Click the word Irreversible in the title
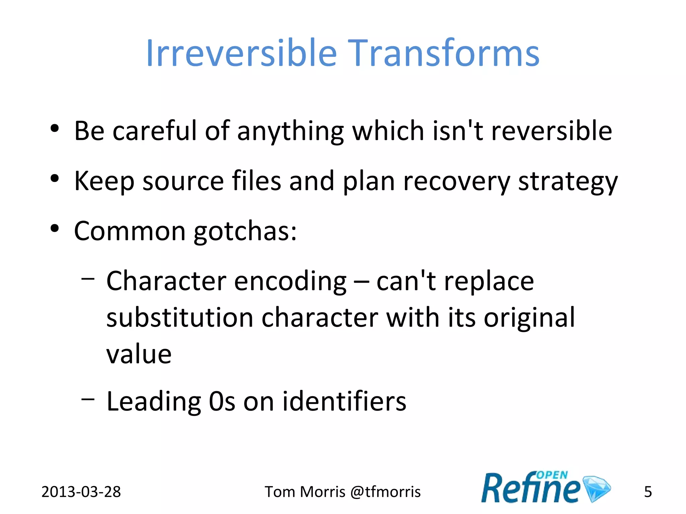(x=241, y=54)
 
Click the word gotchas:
(x=246, y=232)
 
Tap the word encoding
(x=290, y=282)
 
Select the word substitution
(x=180, y=318)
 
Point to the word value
(x=139, y=354)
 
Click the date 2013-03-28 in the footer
(x=81, y=492)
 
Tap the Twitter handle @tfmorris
(x=385, y=492)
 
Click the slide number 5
(x=648, y=492)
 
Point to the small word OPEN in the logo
(x=552, y=475)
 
